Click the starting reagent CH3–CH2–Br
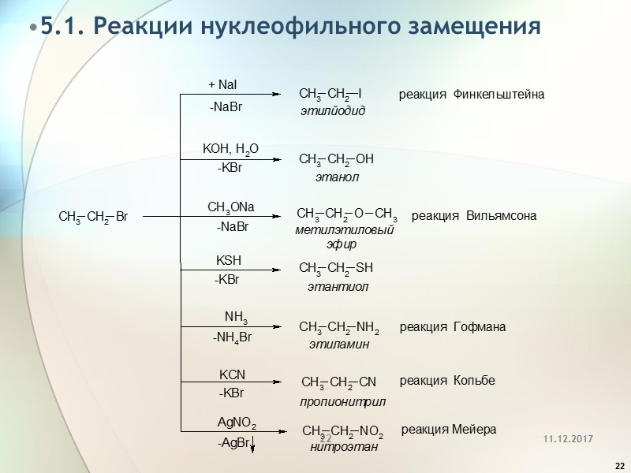click(94, 217)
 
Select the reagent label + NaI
click(222, 85)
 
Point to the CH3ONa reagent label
click(230, 207)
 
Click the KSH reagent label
click(229, 260)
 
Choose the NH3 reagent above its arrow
click(236, 318)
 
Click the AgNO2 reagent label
click(237, 424)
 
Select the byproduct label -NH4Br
click(232, 337)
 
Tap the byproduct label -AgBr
click(233, 444)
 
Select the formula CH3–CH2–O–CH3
click(346, 214)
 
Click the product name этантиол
click(338, 287)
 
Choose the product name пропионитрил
click(342, 401)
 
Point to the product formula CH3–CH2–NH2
click(339, 327)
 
